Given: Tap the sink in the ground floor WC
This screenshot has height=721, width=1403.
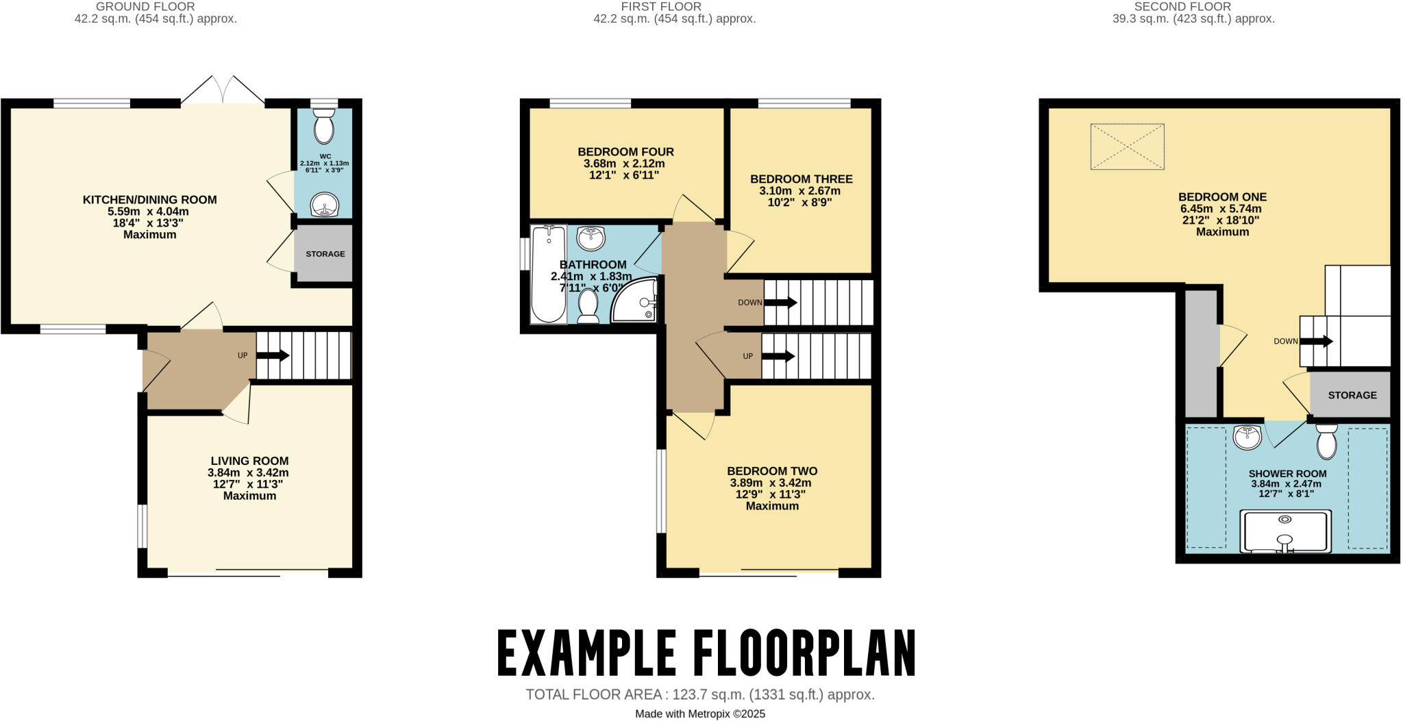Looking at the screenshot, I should tap(323, 204).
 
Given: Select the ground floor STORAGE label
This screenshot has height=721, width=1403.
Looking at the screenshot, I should tap(325, 254).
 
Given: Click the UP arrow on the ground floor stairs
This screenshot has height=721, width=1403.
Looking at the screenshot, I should tap(273, 355).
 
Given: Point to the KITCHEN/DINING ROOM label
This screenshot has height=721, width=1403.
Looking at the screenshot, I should tap(149, 200).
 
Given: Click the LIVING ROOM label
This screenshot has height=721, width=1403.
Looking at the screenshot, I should tap(249, 461).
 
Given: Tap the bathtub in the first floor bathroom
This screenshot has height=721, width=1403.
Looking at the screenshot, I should tap(548, 274).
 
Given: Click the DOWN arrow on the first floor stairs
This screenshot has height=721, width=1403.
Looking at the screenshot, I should tap(780, 302).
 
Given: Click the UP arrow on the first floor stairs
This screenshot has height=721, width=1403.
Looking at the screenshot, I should tap(778, 356).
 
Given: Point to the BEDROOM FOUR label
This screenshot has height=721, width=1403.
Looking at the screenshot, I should tap(625, 152).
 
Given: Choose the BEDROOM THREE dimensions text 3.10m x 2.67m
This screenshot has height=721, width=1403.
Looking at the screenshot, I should tap(799, 191).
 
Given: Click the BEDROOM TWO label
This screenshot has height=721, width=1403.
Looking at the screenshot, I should tap(772, 471).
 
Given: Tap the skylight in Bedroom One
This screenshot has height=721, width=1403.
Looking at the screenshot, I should tap(1127, 147).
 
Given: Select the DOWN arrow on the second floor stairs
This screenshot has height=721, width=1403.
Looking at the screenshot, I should tap(1316, 341).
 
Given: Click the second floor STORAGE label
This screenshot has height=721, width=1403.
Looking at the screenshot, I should tap(1352, 395).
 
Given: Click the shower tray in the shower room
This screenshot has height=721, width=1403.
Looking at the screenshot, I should tap(1286, 531).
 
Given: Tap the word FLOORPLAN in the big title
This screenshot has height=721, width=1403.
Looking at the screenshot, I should tap(804, 654).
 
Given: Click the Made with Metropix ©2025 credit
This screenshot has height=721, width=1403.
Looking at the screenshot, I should tap(699, 713).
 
